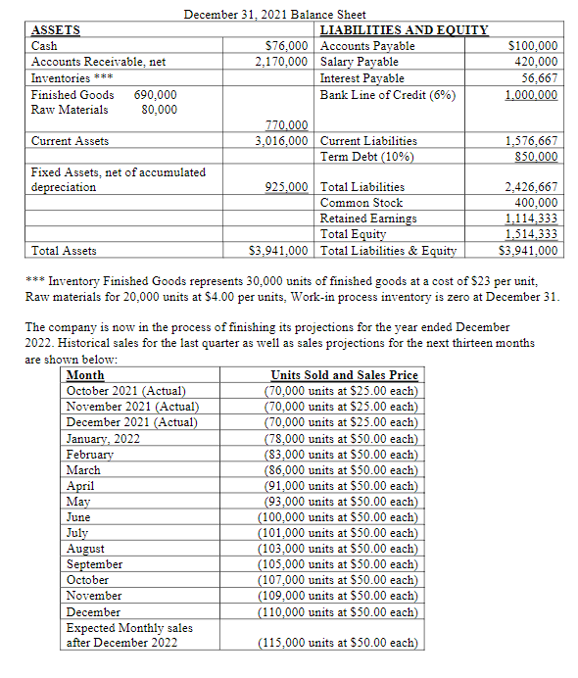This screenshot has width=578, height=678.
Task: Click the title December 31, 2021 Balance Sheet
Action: click(275, 14)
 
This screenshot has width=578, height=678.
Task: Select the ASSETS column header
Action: click(57, 30)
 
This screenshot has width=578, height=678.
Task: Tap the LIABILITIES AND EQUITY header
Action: click(404, 30)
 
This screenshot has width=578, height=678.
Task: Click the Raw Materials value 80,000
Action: click(159, 109)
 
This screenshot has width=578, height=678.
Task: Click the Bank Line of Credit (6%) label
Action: click(388, 94)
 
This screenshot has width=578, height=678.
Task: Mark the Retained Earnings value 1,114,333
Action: click(532, 218)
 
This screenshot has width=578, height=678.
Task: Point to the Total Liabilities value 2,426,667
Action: click(531, 186)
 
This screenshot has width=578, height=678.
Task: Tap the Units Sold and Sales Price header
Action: click(344, 375)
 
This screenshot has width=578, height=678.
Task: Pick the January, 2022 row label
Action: click(103, 439)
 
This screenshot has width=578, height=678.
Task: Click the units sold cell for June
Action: click(338, 517)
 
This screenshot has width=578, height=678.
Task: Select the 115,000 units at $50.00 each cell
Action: click(338, 643)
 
